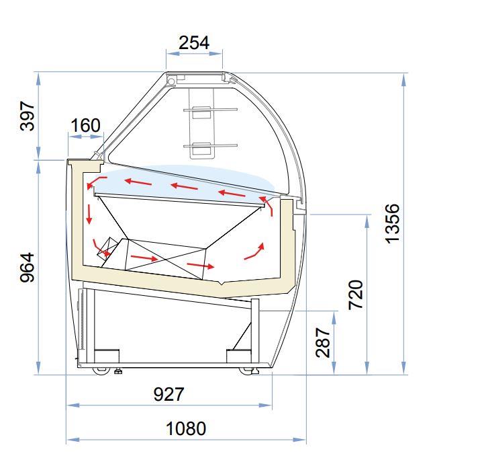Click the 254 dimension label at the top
[x=194, y=43]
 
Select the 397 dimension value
[x=28, y=116]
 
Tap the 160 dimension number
[x=85, y=125]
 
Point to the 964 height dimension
[x=27, y=268]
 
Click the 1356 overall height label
[x=393, y=224]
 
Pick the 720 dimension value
[x=356, y=295]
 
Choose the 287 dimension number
[x=323, y=342]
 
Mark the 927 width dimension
[x=168, y=394]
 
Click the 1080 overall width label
[x=186, y=428]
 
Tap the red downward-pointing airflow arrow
[x=89, y=214]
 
